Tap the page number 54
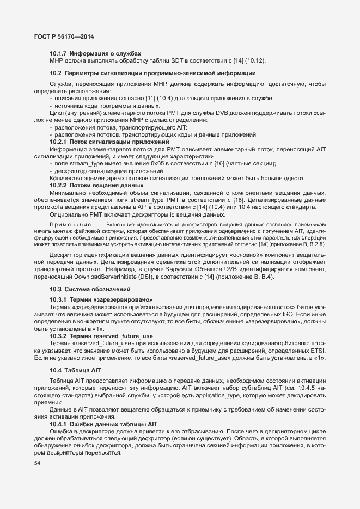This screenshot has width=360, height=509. click(x=37, y=462)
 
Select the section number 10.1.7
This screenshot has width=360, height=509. click(x=58, y=53)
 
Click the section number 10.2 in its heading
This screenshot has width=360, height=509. click(x=54, y=73)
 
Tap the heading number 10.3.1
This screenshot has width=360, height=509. click(x=58, y=299)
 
